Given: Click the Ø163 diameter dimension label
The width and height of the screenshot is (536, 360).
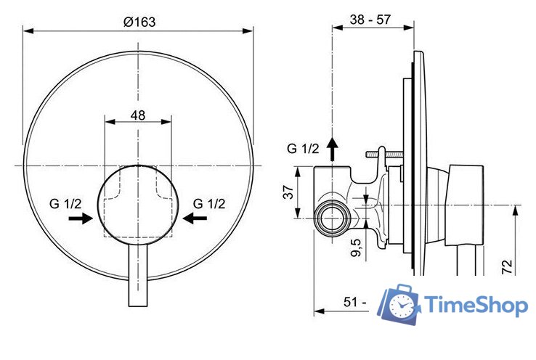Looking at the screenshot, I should [139, 22].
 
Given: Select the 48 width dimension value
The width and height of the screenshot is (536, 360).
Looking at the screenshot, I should [138, 114].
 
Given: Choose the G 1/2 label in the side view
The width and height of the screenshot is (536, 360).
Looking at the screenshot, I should [303, 149].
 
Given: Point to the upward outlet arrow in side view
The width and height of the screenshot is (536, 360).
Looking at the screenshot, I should [333, 148].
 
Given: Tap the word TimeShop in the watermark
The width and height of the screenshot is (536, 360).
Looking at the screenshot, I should [476, 306].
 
